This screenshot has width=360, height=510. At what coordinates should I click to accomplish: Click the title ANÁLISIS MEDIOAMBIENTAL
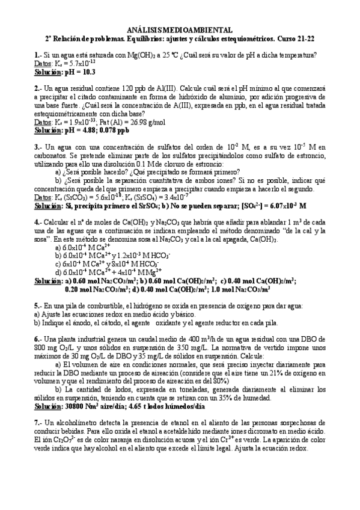[180, 29]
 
